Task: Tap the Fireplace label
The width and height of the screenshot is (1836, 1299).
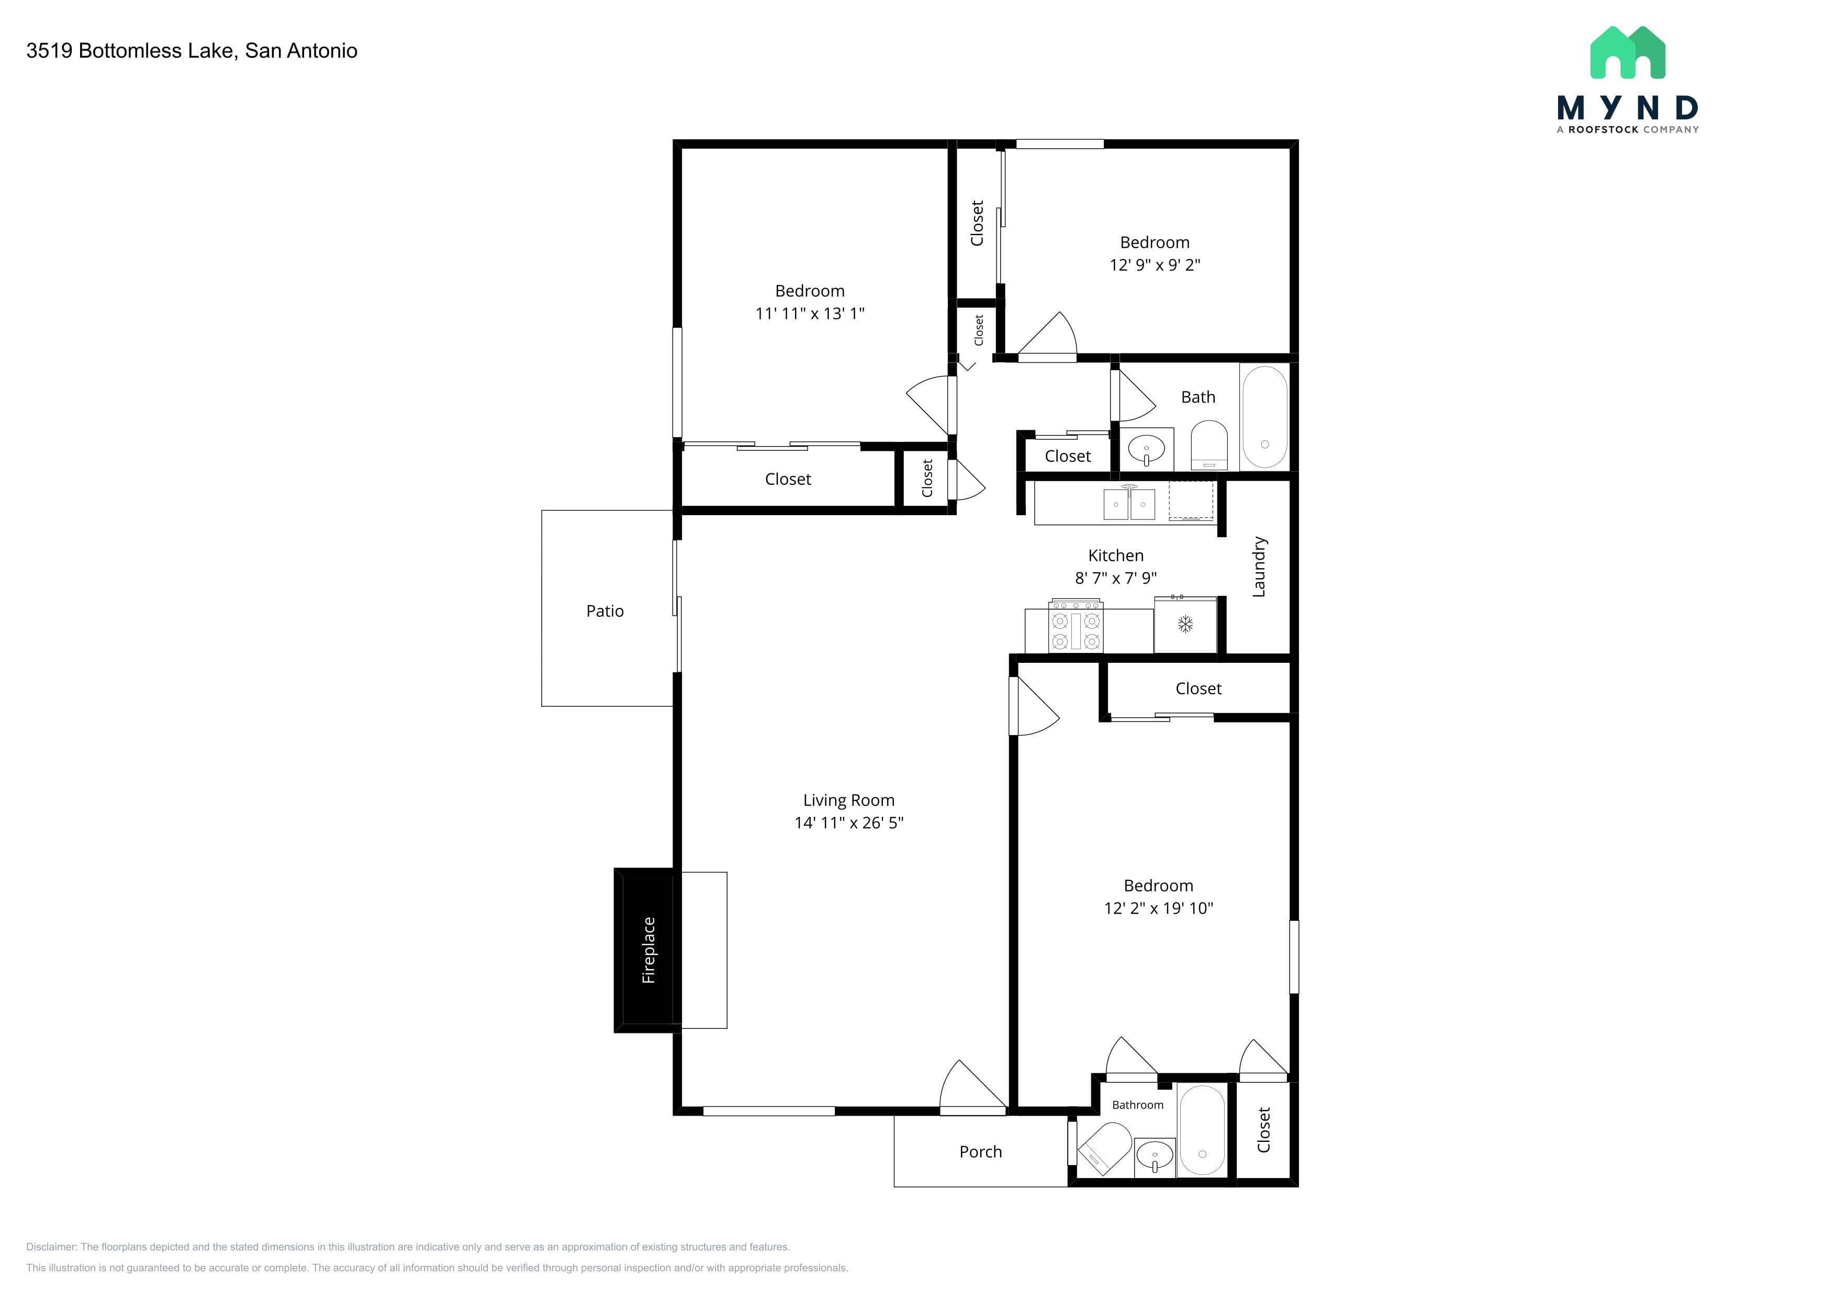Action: pyautogui.click(x=648, y=950)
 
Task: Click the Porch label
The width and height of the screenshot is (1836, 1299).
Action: pyautogui.click(x=980, y=1152)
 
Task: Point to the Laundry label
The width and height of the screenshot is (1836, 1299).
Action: pyautogui.click(x=1259, y=567)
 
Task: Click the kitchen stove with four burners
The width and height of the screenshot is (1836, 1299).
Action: pyautogui.click(x=1076, y=626)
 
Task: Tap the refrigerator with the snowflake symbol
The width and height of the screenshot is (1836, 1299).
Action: pyautogui.click(x=1185, y=624)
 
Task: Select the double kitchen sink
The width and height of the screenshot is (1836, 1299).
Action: pyautogui.click(x=1129, y=504)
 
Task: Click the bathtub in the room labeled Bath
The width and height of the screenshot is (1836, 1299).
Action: pyautogui.click(x=1264, y=417)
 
